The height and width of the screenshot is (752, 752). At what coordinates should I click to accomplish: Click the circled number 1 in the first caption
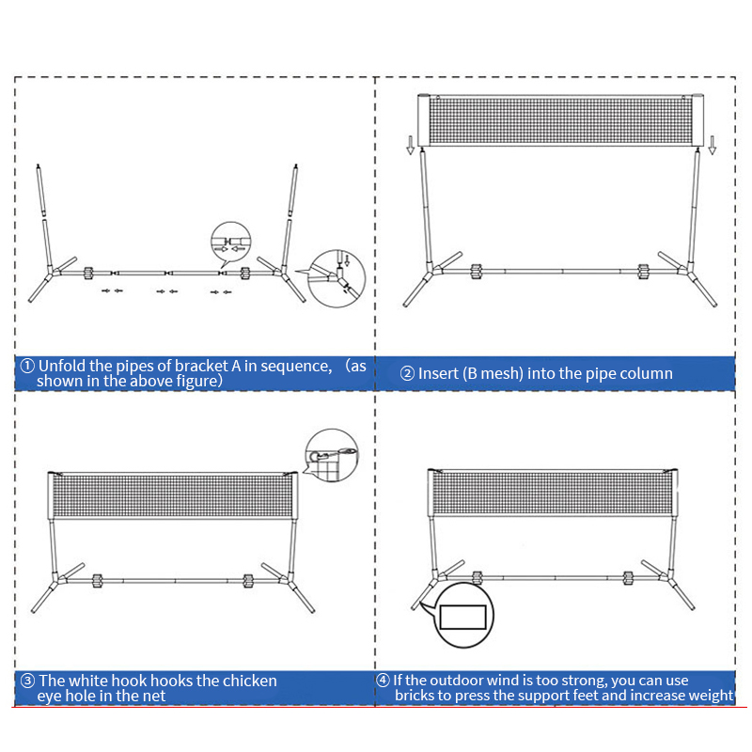27,366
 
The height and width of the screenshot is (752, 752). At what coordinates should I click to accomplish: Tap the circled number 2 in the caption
407,373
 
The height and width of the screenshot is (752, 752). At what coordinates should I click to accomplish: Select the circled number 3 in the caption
28,681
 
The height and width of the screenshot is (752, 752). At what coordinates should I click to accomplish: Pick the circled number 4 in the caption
383,680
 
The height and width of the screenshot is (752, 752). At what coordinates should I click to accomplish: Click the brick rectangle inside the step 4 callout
462,617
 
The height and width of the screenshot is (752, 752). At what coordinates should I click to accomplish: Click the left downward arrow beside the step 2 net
410,145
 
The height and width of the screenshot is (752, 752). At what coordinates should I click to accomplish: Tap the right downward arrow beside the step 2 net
713,145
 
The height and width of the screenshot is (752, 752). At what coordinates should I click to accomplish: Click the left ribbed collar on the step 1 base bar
88,274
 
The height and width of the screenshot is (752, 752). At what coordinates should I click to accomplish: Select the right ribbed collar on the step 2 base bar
643,272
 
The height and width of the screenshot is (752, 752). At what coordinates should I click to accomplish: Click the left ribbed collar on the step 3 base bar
98,581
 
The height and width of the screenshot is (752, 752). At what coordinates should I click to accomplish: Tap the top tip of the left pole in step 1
38,165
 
